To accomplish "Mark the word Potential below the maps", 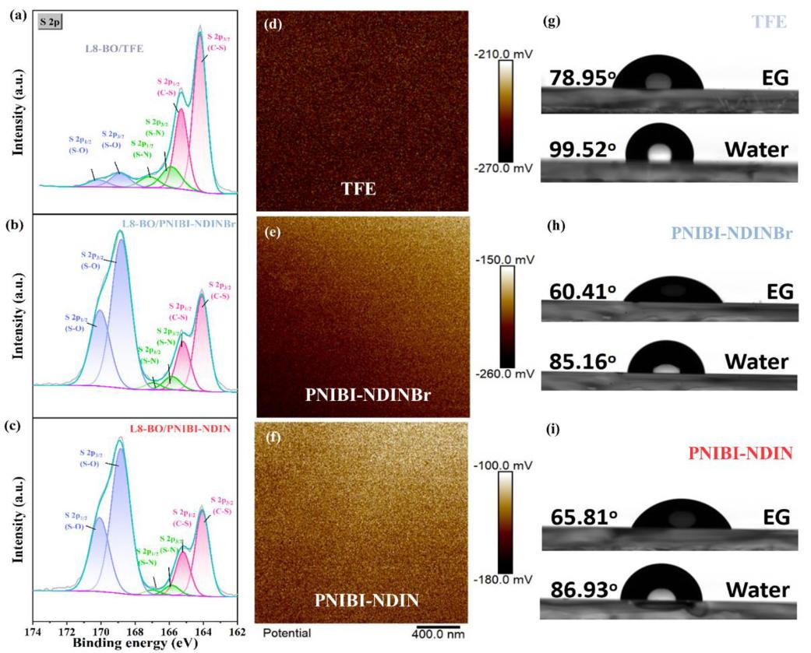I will coord(287,634).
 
